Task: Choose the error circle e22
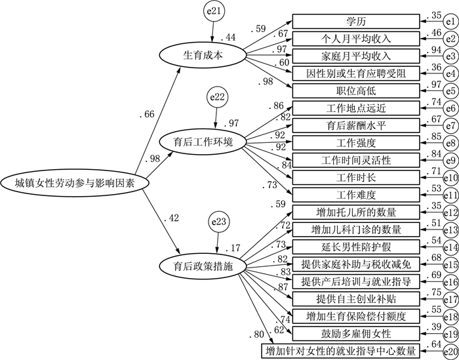218,98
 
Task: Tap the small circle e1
450,22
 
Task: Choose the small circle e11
450,194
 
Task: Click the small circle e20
450,351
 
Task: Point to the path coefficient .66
148,115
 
